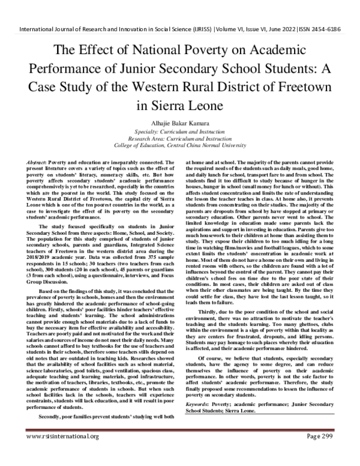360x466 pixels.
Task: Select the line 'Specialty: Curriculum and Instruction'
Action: click(x=179, y=132)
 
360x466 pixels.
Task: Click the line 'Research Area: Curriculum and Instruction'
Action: click(x=179, y=139)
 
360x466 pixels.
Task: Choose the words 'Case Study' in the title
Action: click(x=83, y=88)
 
